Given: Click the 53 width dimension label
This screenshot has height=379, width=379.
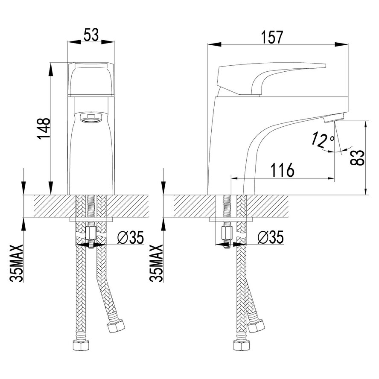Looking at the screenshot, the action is [91, 35].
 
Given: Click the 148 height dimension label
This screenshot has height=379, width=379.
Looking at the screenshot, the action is [44, 128].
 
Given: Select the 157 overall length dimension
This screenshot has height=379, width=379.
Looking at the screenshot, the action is [272, 37].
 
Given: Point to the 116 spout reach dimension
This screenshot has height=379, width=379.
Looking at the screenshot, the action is [282, 170].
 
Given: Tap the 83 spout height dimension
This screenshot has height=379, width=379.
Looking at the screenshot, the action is [357, 157].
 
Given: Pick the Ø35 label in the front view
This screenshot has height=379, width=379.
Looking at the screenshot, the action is [131, 237].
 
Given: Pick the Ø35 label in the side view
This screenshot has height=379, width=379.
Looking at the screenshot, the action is [271, 237].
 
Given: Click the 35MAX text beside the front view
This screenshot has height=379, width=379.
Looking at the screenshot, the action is [17, 263].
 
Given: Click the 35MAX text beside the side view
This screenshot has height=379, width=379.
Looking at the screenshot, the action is [156, 263].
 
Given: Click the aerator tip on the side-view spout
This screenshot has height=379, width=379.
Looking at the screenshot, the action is [334, 117].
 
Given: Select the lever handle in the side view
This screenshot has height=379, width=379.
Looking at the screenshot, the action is [271, 79].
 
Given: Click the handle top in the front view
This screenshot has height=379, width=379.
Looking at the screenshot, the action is [91, 79].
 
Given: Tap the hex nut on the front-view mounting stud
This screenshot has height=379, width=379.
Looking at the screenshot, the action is [90, 233].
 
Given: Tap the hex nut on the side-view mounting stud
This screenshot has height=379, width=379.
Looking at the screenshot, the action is [227, 233].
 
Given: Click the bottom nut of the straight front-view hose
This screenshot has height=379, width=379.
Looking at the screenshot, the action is [81, 345].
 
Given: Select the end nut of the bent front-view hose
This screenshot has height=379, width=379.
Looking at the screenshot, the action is [116, 327].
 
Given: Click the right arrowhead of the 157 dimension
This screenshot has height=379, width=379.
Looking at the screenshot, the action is [341, 44].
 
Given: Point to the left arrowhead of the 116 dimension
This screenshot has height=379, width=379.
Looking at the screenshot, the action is [238, 178].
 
